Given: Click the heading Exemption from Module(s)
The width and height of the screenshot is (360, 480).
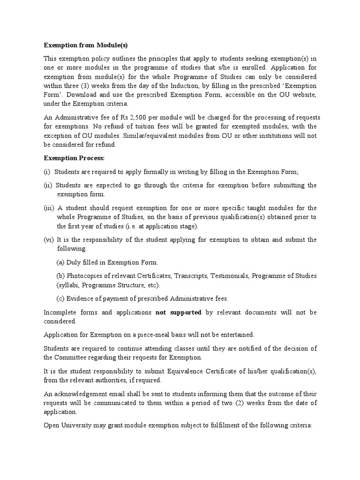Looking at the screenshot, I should [x=85, y=45].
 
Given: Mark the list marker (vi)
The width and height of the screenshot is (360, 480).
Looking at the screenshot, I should [x=49, y=240].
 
